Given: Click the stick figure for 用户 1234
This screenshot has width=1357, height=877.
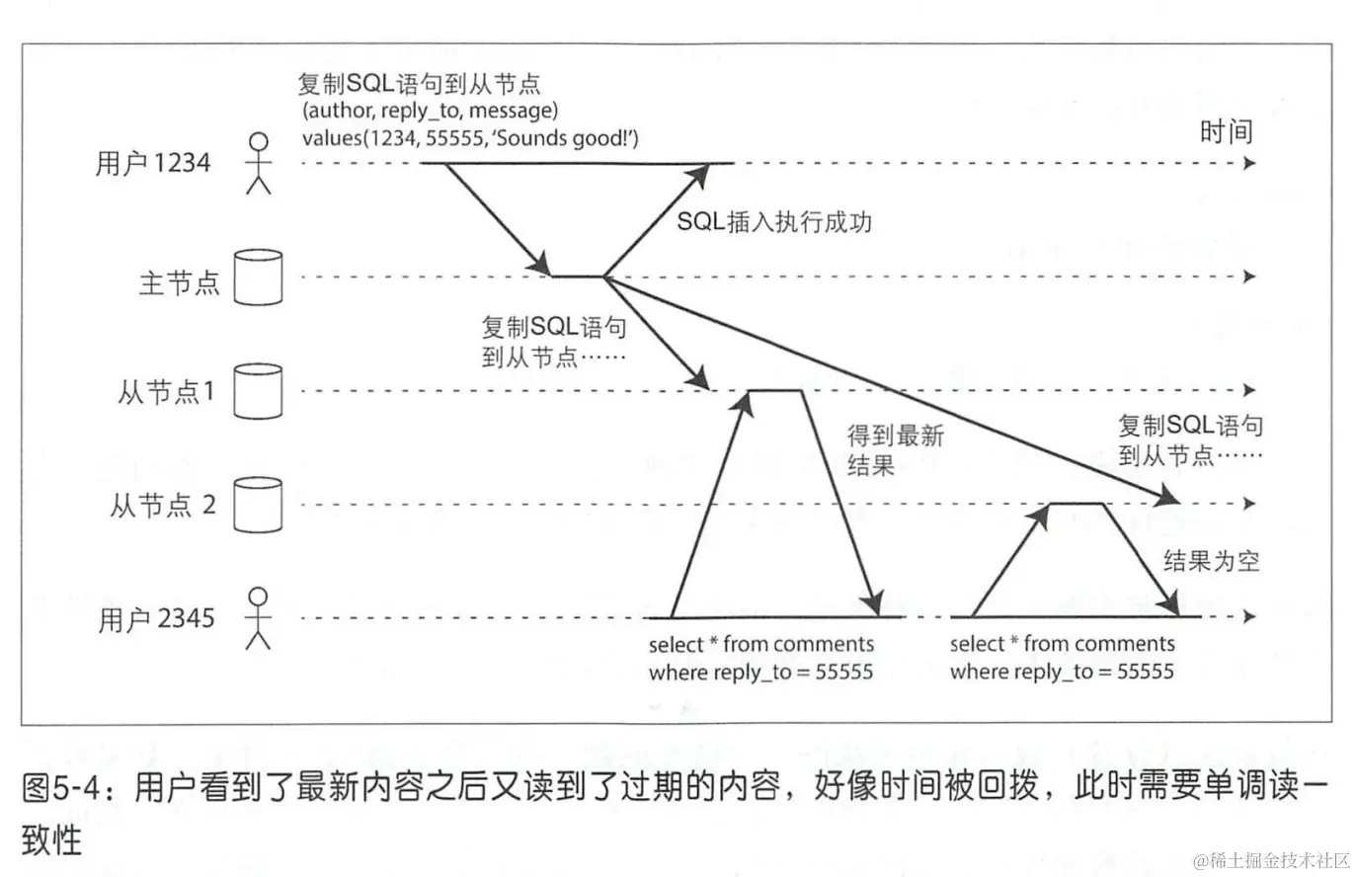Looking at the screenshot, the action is pos(258,163).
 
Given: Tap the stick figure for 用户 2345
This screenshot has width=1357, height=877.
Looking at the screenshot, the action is pos(258,618).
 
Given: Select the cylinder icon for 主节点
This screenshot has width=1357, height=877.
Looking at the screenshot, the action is pos(258,278).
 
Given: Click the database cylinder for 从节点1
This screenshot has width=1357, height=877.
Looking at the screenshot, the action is pos(258,391).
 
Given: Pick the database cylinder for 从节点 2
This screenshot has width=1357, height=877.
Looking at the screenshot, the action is pos(258,505).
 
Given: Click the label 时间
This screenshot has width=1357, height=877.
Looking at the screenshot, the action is pos(1225,131).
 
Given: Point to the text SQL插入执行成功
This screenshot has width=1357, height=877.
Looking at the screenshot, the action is pos(774,221).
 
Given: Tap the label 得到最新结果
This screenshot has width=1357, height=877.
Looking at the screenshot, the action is pos(895,449).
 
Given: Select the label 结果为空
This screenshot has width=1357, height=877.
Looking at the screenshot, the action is pos(1211,561).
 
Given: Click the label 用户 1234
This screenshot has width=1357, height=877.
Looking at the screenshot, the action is pos(154,163).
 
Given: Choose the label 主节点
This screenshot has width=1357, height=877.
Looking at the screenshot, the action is pos(178,283).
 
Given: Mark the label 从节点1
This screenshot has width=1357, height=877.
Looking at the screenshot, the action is pos(166,392).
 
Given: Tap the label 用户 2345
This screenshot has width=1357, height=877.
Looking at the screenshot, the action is pos(156,619).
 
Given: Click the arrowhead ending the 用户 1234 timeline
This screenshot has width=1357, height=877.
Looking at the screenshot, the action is pos(1250,163).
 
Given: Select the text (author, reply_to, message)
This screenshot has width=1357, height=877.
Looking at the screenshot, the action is pos(431,110).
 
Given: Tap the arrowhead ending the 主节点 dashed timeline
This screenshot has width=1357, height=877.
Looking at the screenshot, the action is pos(1250,277).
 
